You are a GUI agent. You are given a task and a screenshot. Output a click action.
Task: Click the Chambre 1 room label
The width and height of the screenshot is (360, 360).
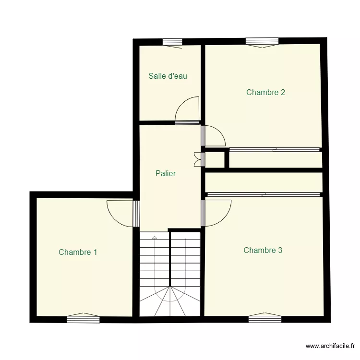point(78,252)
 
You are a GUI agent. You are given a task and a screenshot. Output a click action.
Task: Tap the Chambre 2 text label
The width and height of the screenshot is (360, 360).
point(265,92)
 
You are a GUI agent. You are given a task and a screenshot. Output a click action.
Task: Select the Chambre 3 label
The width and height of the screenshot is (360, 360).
point(263,250)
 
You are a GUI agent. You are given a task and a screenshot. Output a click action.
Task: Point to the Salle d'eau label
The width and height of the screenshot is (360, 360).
point(168,76)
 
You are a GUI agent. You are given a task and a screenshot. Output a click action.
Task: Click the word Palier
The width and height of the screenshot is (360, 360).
point(166,174)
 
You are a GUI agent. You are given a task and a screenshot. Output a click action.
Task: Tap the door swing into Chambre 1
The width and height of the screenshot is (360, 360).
point(120,213)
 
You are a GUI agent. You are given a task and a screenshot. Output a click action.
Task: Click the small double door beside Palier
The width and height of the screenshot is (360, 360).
point(197,159)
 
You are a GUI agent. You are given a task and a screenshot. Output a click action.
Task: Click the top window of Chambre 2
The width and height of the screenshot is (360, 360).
point(262,42)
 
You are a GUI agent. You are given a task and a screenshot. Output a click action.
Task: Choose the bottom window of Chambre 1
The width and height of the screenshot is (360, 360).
point(83,318)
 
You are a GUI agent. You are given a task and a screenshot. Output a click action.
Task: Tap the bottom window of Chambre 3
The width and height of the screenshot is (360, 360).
point(264,317)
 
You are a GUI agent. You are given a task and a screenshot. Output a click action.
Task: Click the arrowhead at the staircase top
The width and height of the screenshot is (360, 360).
point(154,237)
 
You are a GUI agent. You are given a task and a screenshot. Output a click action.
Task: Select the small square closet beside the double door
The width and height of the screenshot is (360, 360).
point(214,159)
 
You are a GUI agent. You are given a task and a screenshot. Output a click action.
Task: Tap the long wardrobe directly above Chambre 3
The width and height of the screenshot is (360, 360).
point(263,182)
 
